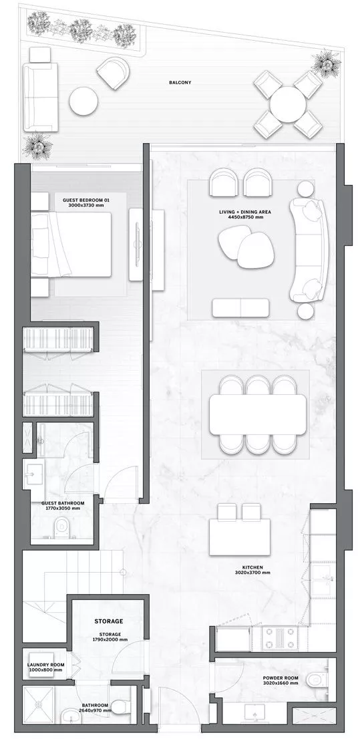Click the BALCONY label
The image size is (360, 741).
180,82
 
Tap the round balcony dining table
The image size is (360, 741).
288,104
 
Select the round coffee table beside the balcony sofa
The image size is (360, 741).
83,102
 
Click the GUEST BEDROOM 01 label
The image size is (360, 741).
83,200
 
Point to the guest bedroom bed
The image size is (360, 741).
71,244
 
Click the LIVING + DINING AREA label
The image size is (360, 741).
244,212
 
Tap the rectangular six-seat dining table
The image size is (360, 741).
258,414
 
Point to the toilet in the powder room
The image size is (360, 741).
316,680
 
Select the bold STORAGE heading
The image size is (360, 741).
109,621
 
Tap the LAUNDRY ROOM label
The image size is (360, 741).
45,664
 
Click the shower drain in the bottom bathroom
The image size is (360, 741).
39,704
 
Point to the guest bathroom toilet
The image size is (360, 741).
61,527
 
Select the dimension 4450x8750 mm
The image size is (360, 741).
244,218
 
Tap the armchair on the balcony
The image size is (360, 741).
114,73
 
